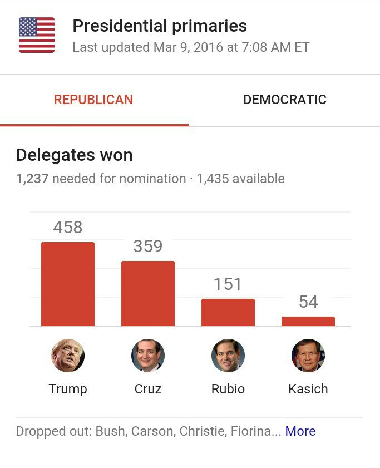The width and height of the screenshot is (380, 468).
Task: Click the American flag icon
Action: pyautogui.click(x=37, y=35)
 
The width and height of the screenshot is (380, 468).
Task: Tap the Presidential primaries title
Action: pyautogui.click(x=160, y=26)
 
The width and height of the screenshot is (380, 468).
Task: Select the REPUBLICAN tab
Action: pyautogui.click(x=93, y=100)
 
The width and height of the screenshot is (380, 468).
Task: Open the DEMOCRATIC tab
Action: pyautogui.click(x=284, y=100)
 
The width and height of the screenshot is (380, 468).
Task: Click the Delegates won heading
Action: pyautogui.click(x=74, y=155)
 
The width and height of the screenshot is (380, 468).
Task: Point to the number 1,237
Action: pyautogui.click(x=32, y=179)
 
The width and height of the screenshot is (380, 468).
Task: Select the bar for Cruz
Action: pyautogui.click(x=148, y=293)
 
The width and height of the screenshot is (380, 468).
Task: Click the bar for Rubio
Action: pyautogui.click(x=228, y=312)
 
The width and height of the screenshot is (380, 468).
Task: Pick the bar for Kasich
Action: pyautogui.click(x=308, y=321)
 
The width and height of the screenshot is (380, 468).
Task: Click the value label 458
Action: pyautogui.click(x=68, y=227)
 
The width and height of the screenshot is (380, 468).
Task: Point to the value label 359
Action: pyautogui.click(x=148, y=246)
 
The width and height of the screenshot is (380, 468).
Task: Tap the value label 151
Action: pyautogui.click(x=228, y=284)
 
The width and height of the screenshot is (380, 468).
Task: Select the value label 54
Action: pyautogui.click(x=308, y=302)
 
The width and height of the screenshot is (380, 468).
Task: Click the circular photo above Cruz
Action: pyautogui.click(x=148, y=356)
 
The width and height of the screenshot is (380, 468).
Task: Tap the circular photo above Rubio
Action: pyautogui.click(x=228, y=356)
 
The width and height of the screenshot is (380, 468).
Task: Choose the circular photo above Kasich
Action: pyautogui.click(x=308, y=356)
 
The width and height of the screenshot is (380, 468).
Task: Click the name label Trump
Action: pyautogui.click(x=68, y=388)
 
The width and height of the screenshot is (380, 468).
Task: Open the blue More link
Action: pyautogui.click(x=300, y=431)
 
